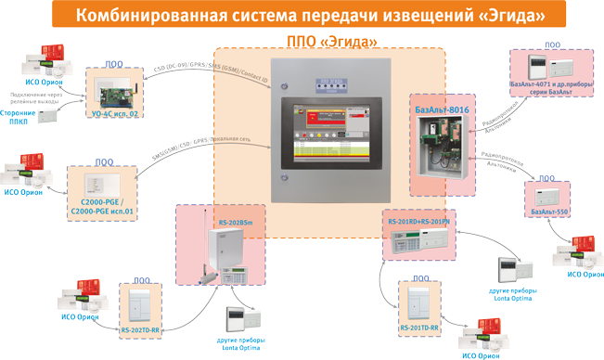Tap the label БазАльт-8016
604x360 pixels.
pyautogui.click(x=443, y=110)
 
